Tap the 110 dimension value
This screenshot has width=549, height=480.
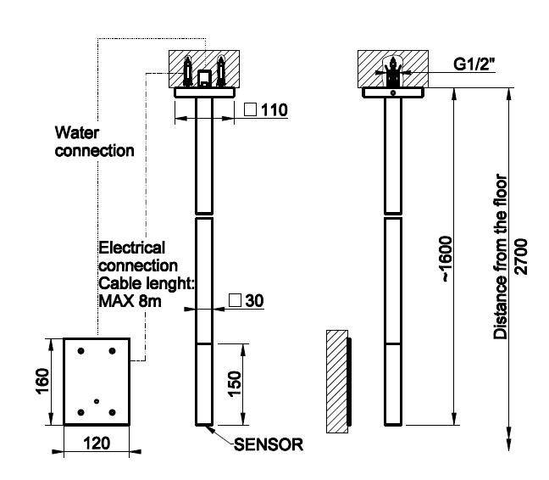coord(274,110)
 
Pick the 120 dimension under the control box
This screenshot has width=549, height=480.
coord(96,444)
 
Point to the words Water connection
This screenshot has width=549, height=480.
coord(94,142)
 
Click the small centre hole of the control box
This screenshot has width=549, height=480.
coord(97,400)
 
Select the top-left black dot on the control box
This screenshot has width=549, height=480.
coord(80,351)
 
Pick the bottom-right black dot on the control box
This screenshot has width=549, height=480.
coord(113,412)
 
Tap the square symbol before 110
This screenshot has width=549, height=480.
coord(250,110)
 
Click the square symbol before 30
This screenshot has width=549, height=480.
coord(235,300)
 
